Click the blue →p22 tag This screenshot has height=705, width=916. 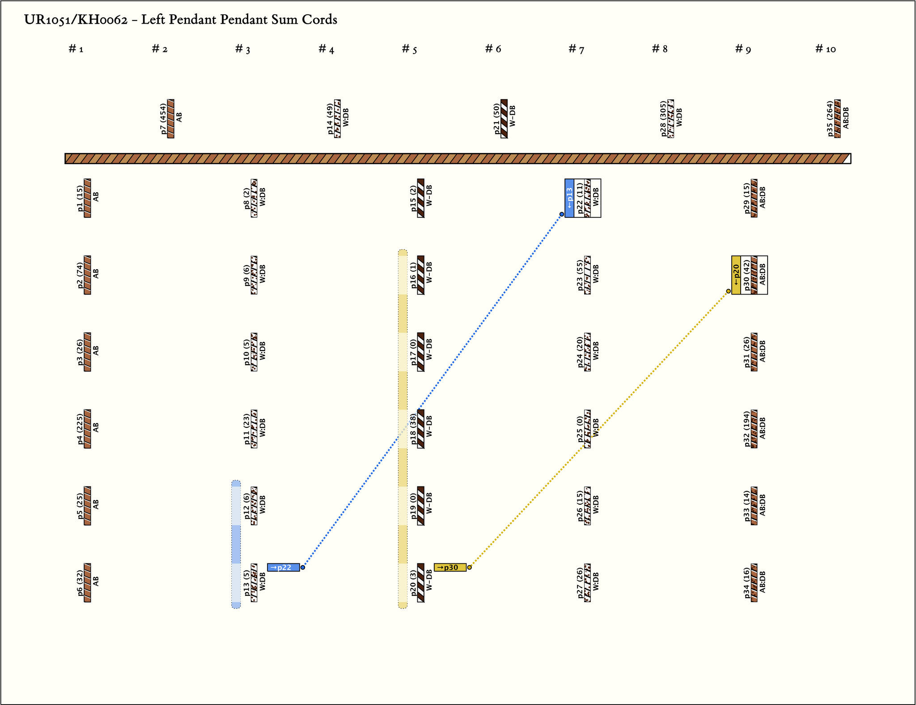click(283, 567)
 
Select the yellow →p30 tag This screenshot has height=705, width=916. click(450, 567)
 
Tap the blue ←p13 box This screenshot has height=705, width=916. click(569, 198)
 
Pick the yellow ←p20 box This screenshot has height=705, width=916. click(736, 275)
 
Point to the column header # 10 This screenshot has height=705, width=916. click(825, 49)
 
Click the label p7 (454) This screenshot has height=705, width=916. click(163, 118)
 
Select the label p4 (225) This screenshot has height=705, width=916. click(80, 429)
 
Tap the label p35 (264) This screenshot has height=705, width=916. click(830, 118)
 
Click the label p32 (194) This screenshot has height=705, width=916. click(747, 429)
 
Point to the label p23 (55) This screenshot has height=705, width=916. click(580, 275)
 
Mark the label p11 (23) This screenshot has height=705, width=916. click(246, 429)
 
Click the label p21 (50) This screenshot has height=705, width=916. click(496, 118)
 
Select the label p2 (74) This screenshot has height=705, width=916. click(80, 275)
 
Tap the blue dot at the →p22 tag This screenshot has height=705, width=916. click(303, 567)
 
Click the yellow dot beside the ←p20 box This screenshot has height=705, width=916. click(728, 291)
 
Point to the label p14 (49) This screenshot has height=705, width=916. click(330, 118)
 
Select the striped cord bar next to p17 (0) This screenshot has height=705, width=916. click(420, 352)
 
